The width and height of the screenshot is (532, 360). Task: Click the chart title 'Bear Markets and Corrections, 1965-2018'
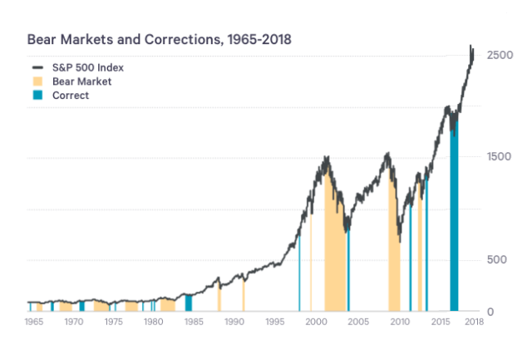[x=159, y=39]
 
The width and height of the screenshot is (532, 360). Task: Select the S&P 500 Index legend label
[x=87, y=67]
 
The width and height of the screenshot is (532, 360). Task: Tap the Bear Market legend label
[x=81, y=81]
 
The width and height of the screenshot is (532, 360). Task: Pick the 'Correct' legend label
[x=71, y=96]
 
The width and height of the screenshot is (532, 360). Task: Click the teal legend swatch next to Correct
[x=37, y=96]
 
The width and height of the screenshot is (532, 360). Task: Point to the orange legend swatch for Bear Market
[x=37, y=81]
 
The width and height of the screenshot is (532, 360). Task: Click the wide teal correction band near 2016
[x=454, y=224]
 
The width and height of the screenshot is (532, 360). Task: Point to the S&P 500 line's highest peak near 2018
[x=471, y=47]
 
